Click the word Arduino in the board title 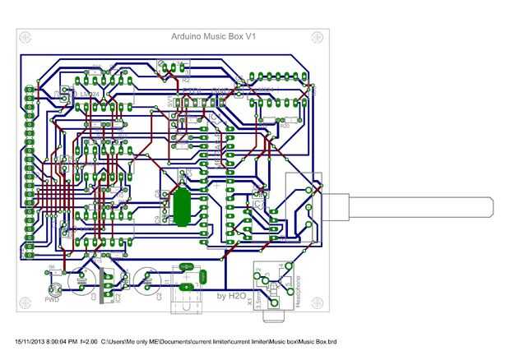coord(190,37)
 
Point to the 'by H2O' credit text coord(232,295)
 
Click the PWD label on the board coord(52,300)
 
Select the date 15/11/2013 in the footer coord(30,340)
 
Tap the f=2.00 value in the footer coord(92,340)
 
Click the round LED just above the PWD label coord(55,289)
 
